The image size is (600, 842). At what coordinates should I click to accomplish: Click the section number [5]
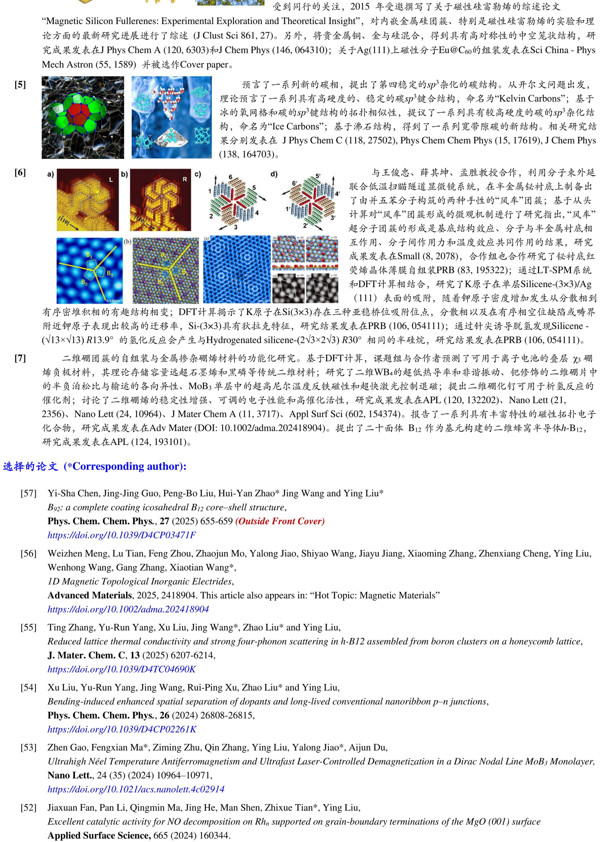click(20, 84)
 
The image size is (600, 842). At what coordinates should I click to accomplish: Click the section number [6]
click(20, 172)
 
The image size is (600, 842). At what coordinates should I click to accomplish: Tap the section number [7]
click(20, 358)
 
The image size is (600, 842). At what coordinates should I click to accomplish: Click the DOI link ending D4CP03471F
click(122, 535)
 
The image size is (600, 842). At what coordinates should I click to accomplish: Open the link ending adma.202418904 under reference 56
click(128, 609)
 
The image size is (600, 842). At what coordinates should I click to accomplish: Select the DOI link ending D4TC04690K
click(122, 669)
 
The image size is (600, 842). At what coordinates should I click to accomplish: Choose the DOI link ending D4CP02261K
click(122, 729)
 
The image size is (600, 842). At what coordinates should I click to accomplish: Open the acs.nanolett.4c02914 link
click(136, 789)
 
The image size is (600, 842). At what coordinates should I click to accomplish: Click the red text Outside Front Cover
click(280, 521)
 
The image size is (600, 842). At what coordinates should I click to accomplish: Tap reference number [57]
click(28, 493)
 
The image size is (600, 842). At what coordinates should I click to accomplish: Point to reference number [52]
click(28, 808)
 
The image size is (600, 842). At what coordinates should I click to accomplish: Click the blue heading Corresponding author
click(125, 466)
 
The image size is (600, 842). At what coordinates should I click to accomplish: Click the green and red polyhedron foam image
click(83, 118)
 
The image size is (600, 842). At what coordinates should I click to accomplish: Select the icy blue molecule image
click(172, 118)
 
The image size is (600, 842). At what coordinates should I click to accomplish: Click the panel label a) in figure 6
click(50, 174)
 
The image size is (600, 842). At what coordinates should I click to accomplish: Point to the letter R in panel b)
click(185, 179)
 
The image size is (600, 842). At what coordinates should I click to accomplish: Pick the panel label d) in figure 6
click(274, 174)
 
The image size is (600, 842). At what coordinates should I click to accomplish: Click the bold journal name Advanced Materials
click(90, 595)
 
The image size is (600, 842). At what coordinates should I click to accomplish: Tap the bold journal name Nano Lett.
click(70, 775)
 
